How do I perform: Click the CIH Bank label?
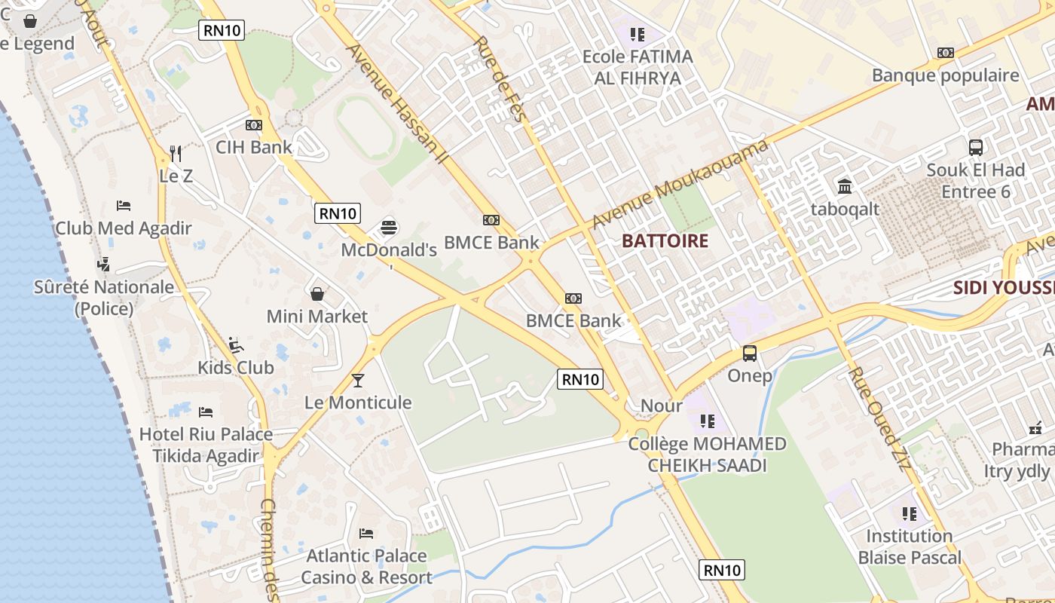click(254, 147)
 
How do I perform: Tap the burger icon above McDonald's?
click(389, 226)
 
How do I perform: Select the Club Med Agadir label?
click(124, 228)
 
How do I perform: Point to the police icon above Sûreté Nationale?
click(104, 264)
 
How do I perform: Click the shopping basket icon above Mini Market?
click(317, 293)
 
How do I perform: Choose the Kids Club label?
click(235, 368)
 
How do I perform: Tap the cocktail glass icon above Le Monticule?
click(358, 380)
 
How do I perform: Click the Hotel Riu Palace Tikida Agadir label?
click(206, 445)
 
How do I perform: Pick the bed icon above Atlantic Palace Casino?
click(366, 534)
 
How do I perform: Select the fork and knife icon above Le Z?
click(176, 154)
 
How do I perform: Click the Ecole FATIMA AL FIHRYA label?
click(638, 67)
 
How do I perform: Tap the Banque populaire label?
click(945, 75)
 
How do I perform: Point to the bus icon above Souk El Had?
click(976, 148)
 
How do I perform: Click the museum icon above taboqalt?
click(845, 186)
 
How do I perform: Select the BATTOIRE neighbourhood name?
click(665, 241)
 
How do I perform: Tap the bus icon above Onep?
click(750, 353)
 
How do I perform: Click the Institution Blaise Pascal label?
click(910, 546)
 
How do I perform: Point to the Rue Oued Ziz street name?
click(879, 418)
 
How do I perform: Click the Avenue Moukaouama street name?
click(680, 185)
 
